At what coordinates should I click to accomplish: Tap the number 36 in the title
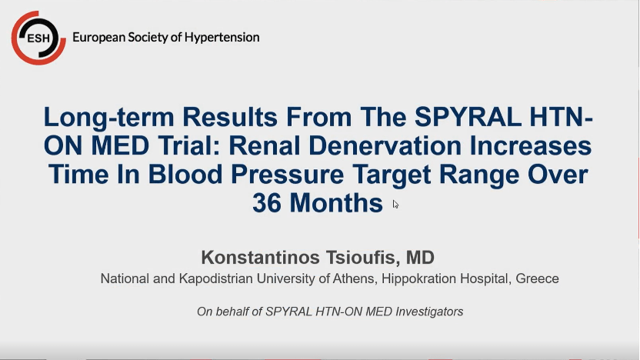pyautogui.click(x=268, y=203)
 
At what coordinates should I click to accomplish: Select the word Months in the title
pyautogui.click(x=338, y=203)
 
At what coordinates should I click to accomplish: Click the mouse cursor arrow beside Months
pyautogui.click(x=395, y=204)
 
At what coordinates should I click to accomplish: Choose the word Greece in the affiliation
pyautogui.click(x=538, y=278)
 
